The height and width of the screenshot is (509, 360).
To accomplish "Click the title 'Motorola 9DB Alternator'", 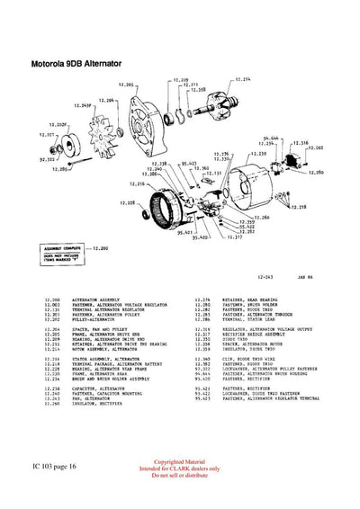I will pos(76,64).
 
